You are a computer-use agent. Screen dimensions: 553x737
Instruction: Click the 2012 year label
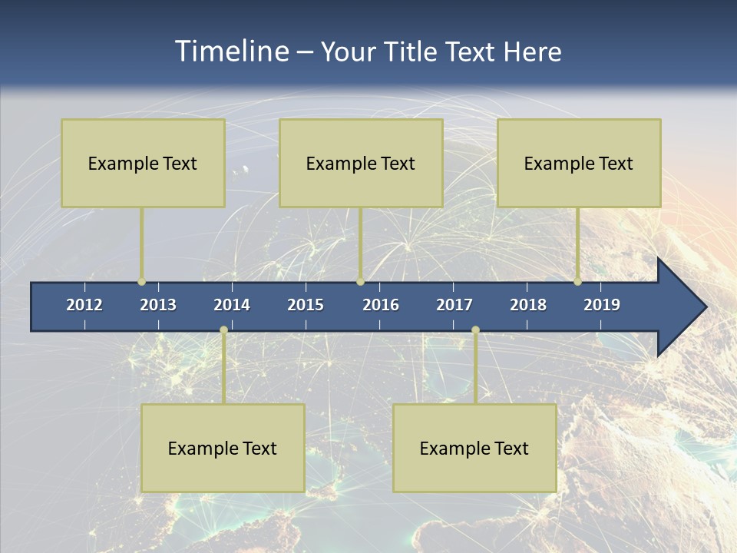[84, 305]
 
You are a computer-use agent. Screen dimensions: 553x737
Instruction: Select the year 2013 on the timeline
[158, 305]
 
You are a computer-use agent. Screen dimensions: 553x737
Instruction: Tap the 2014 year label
[232, 305]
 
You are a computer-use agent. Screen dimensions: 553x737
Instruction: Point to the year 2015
[306, 305]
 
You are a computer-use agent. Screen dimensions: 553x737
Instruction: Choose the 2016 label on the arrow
[381, 305]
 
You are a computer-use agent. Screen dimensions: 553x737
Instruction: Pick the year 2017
[454, 305]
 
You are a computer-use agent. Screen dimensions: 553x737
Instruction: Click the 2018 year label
[528, 305]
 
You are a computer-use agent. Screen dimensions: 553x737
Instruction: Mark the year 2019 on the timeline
[602, 305]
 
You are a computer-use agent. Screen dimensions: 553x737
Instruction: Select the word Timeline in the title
[230, 51]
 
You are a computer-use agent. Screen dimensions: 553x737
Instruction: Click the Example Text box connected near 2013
[143, 163]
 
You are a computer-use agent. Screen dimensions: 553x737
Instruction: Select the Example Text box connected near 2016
[361, 163]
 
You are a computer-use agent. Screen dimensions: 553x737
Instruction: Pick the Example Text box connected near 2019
[579, 163]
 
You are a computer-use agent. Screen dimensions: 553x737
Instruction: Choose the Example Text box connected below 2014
[223, 448]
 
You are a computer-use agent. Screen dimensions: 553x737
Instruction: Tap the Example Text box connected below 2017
[474, 448]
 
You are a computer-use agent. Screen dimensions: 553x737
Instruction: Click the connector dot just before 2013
[141, 282]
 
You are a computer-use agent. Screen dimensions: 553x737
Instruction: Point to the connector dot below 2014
[223, 330]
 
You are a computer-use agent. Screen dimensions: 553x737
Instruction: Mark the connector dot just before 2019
[577, 282]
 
